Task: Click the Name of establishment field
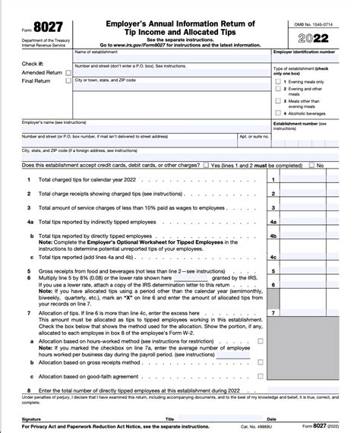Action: (x=167, y=58)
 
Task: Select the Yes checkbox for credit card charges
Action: (x=206, y=165)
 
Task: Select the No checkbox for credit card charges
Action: (x=311, y=165)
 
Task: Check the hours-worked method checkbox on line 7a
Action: (x=261, y=341)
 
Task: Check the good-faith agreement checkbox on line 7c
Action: (x=261, y=376)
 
